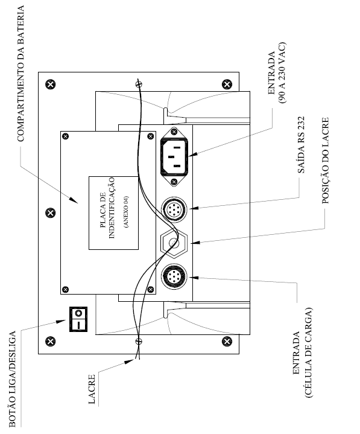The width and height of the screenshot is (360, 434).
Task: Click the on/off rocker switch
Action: click(78, 319)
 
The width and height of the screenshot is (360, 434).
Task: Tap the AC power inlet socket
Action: click(174, 157)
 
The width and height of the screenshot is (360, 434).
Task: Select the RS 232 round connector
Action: click(174, 210)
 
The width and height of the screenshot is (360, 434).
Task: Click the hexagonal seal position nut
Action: click(174, 243)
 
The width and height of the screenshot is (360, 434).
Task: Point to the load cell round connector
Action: click(174, 276)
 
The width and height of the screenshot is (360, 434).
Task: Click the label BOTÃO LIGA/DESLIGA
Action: click(12, 379)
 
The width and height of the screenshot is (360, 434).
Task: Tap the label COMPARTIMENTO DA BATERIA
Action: click(21, 74)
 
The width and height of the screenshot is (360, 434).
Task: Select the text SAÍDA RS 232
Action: click(301, 145)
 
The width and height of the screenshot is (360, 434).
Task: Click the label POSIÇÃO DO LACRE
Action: click(326, 161)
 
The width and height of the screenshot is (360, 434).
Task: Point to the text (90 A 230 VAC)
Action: click(282, 72)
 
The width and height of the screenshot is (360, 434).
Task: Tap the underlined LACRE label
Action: click(92, 389)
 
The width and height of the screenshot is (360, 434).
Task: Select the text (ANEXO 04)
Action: click(127, 212)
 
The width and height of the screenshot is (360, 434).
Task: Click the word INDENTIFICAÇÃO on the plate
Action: click(111, 208)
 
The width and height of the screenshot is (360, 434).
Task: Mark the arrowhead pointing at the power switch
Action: click(60, 322)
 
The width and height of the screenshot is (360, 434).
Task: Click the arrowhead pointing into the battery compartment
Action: click(74, 200)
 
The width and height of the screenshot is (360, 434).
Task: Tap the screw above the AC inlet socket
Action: click(174, 132)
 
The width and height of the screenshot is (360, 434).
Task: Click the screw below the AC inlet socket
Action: click(174, 182)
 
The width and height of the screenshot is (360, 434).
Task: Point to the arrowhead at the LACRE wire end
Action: click(129, 362)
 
